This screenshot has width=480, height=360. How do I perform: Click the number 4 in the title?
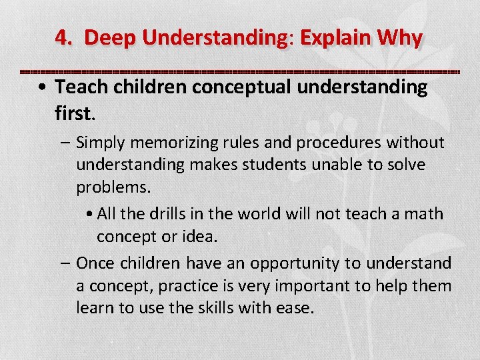pyautogui.click(x=61, y=38)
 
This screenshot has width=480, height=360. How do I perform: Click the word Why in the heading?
pyautogui.click(x=399, y=38)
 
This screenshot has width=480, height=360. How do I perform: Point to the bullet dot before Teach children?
pyautogui.click(x=42, y=88)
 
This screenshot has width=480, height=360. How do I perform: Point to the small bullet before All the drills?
pyautogui.click(x=90, y=214)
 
